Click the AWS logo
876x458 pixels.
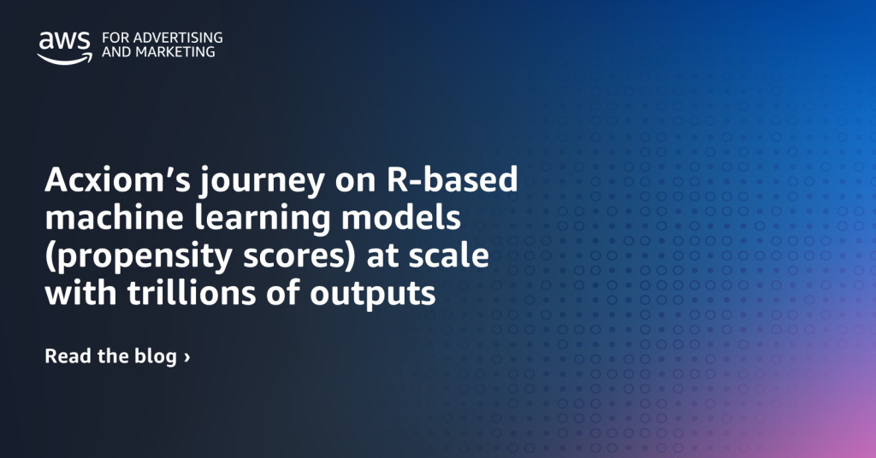(x=65, y=48)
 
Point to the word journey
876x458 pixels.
(x=263, y=182)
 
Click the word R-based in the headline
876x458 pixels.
(x=452, y=179)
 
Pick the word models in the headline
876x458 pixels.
(x=401, y=217)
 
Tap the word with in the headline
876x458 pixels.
(x=81, y=292)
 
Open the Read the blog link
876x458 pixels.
(x=117, y=356)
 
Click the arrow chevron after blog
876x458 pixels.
(x=187, y=357)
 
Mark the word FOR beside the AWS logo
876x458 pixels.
(x=115, y=38)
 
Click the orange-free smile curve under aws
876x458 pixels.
(x=65, y=59)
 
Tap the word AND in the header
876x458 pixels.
(x=117, y=52)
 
